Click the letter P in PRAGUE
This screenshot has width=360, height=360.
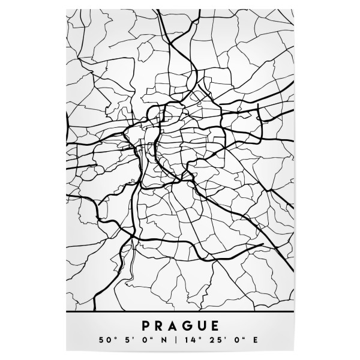[x=145, y=326]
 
